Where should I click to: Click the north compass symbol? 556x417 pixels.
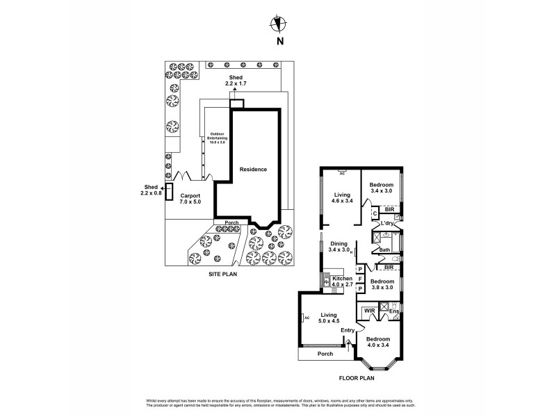pyautogui.click(x=279, y=24)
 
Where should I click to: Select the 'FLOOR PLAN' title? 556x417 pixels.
pyautogui.click(x=356, y=379)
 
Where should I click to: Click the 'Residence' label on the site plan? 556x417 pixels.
pyautogui.click(x=253, y=170)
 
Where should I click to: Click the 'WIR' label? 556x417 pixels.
pyautogui.click(x=369, y=310)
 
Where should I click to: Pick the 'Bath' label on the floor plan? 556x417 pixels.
pyautogui.click(x=384, y=249)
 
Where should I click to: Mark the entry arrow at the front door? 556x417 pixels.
pyautogui.click(x=348, y=343)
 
